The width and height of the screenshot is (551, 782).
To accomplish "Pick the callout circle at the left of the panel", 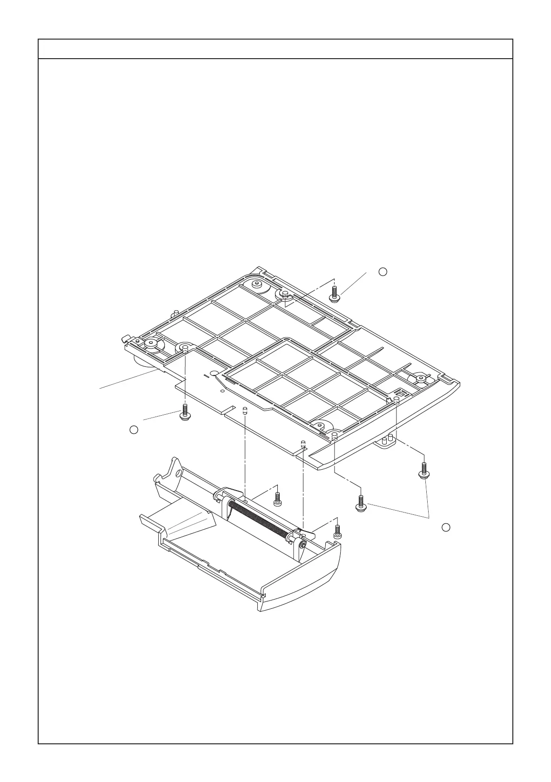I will tap(134, 430).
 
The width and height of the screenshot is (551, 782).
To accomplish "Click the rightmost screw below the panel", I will tap(423, 470).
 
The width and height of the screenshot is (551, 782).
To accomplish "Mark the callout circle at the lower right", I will tap(445, 527).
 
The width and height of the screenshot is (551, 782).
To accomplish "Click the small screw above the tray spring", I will tap(278, 499).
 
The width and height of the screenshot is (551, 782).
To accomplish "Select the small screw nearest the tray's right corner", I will tap(338, 532).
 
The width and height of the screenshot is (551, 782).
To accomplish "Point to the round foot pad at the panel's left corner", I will tap(152, 344).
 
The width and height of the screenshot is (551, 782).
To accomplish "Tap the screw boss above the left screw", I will tap(185, 348).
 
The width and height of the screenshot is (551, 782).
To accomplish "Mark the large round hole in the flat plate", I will tap(214, 373).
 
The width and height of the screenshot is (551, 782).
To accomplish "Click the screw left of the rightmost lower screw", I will tap(361, 504).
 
